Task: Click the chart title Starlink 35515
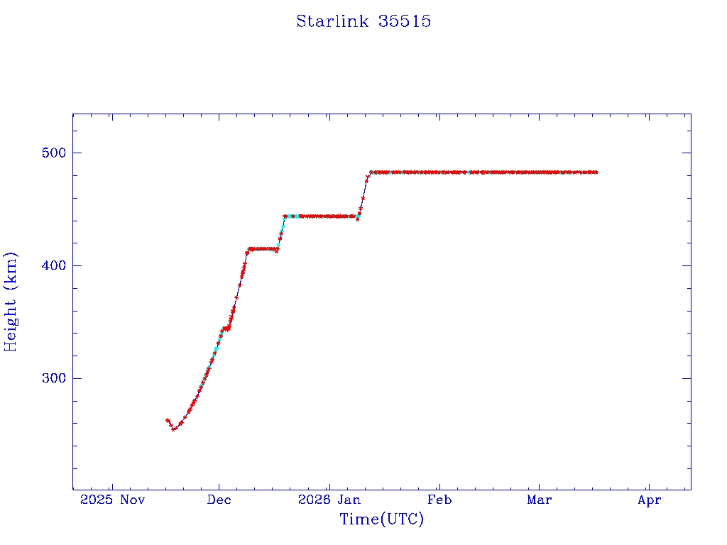[x=363, y=21]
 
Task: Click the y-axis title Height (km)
[x=11, y=302]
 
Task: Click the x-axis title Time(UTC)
[x=382, y=519]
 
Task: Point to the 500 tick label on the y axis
[x=49, y=153]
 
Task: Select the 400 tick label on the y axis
[x=49, y=265]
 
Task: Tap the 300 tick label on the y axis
[x=49, y=378]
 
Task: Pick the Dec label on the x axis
[x=219, y=500]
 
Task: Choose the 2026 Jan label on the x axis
[x=329, y=500]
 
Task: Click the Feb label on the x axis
[x=439, y=500]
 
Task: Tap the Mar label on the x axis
[x=540, y=500]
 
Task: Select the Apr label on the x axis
[x=649, y=500]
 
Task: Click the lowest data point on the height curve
[x=173, y=429]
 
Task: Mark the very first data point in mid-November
[x=167, y=420]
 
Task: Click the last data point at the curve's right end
[x=596, y=172]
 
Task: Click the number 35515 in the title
[x=405, y=21]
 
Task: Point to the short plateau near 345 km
[x=226, y=328]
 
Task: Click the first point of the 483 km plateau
[x=371, y=172]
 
